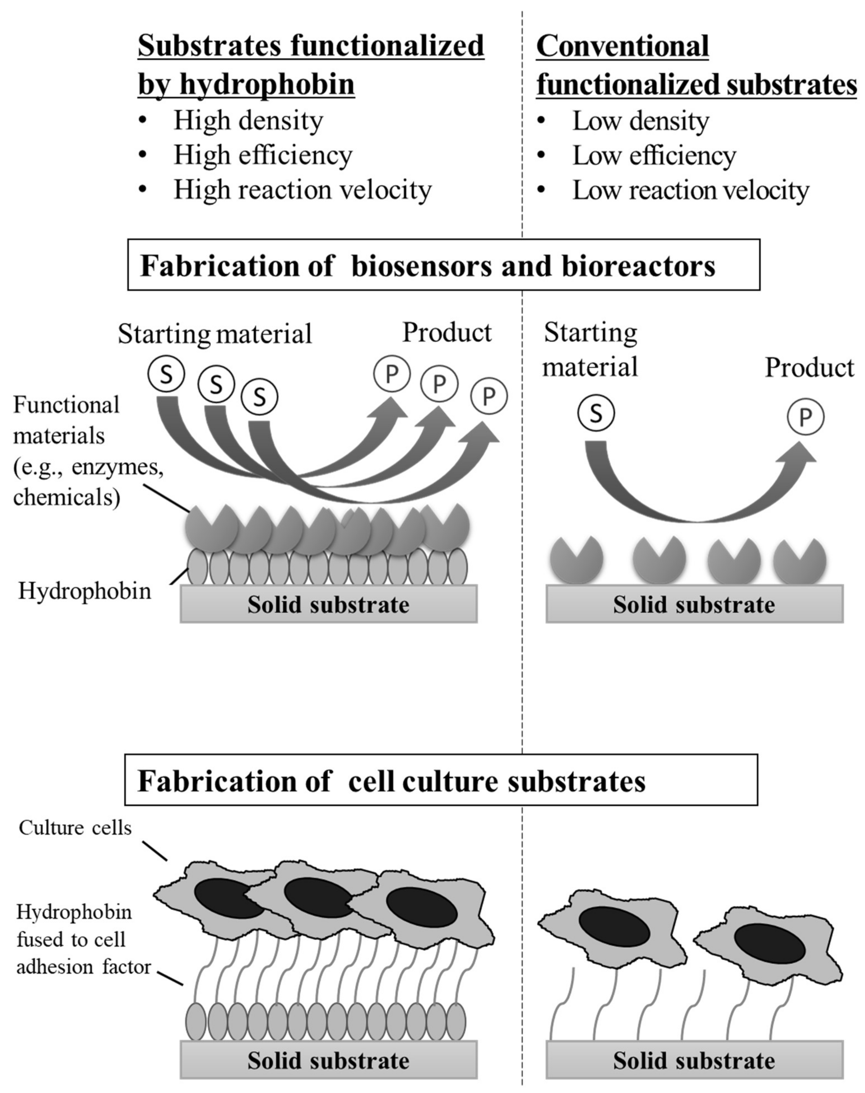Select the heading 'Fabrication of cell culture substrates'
click(391, 781)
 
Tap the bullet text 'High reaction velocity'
click(302, 190)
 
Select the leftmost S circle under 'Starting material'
click(166, 374)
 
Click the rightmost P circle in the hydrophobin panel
click(489, 396)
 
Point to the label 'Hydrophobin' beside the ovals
click(85, 591)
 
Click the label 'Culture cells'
click(75, 828)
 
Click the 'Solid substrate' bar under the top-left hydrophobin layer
click(328, 604)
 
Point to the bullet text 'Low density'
click(640, 121)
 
